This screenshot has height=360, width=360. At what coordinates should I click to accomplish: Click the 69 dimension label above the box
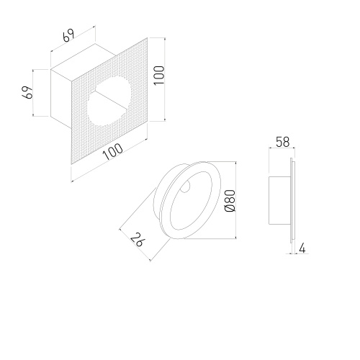tap(68, 36)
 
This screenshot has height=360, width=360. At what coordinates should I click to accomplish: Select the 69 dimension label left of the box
tap(27, 92)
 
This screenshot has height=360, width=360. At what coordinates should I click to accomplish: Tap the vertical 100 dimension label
tap(159, 75)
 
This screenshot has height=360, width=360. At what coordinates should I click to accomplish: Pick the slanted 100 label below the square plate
tap(113, 152)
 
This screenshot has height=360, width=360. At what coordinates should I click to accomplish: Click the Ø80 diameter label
tap(230, 201)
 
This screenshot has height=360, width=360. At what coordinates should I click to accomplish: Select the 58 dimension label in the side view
tap(283, 142)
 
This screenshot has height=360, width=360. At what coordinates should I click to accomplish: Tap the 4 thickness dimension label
tap(302, 248)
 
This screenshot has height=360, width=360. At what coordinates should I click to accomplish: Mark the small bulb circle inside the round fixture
tap(185, 186)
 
